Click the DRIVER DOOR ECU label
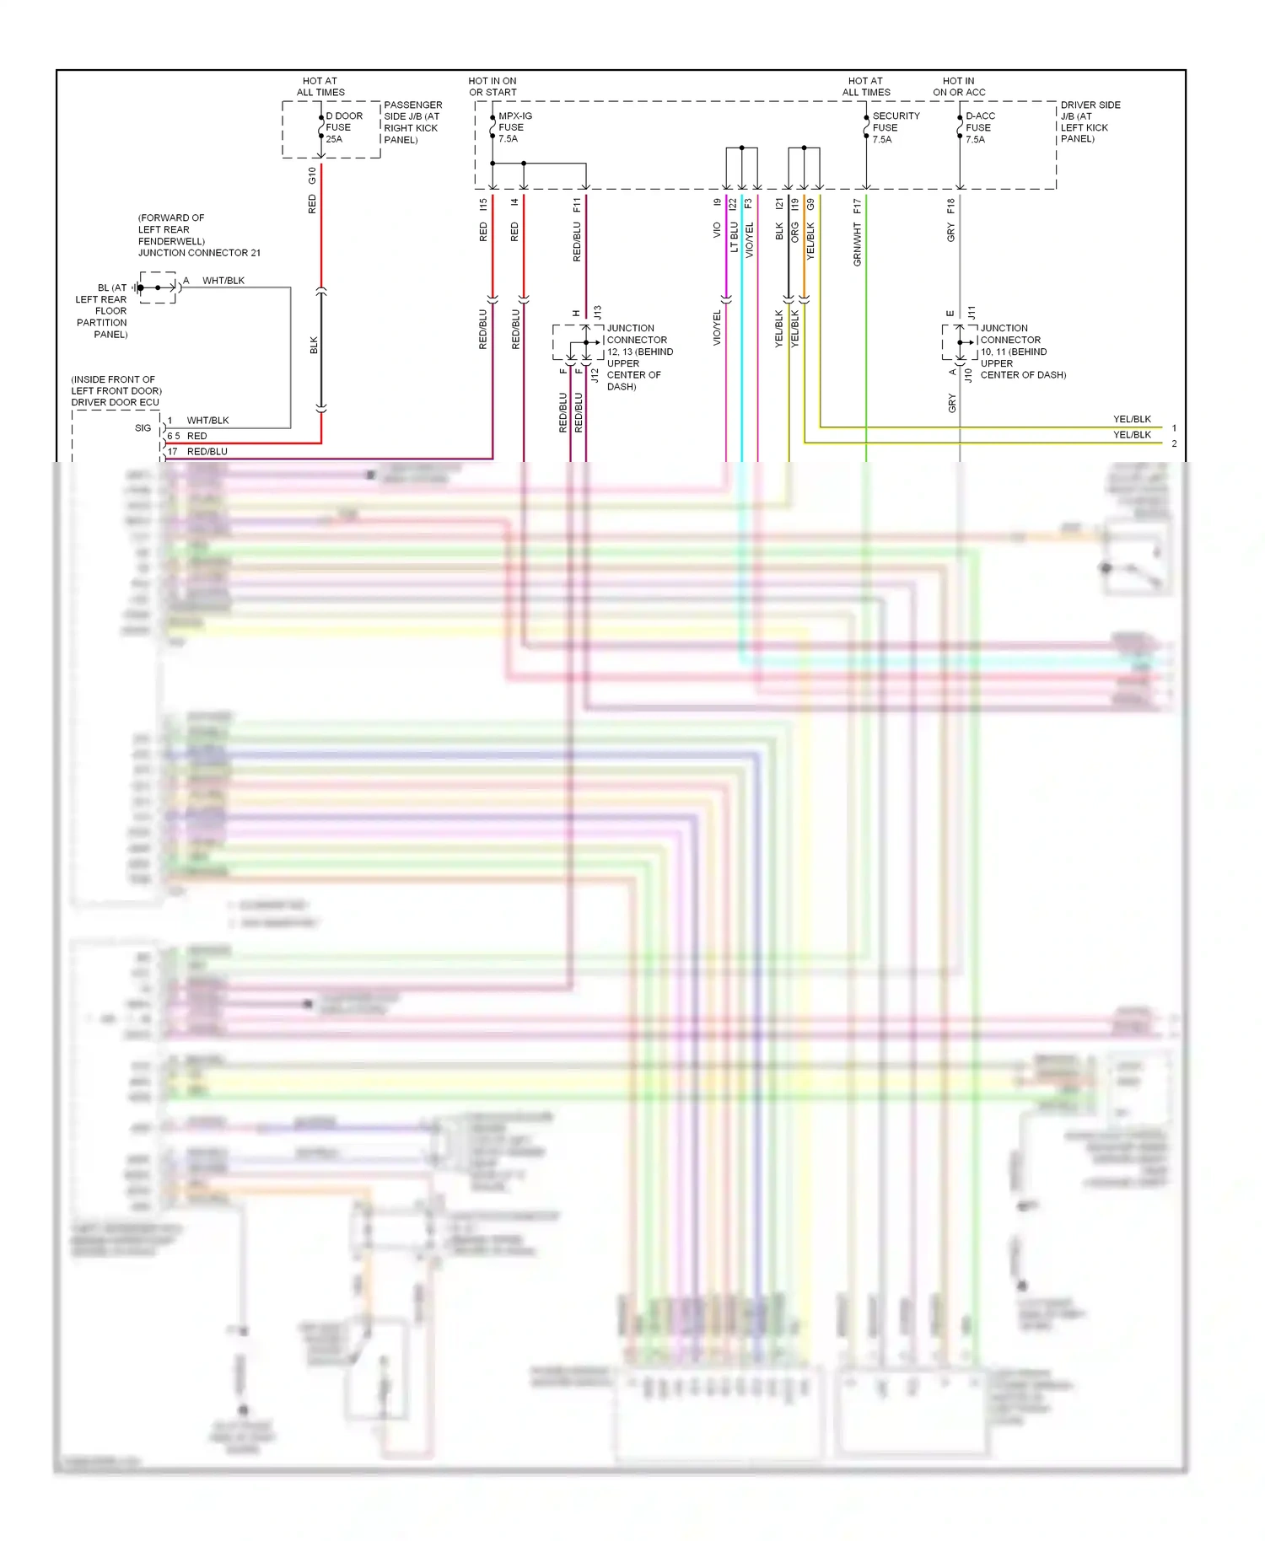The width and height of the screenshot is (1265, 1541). [x=115, y=402]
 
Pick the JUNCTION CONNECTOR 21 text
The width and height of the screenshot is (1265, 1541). [x=199, y=253]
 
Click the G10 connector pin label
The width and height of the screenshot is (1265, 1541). [x=312, y=175]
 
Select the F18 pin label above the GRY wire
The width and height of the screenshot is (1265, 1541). [x=951, y=205]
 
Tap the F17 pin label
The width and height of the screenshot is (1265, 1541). [x=858, y=205]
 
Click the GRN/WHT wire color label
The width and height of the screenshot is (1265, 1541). [x=858, y=244]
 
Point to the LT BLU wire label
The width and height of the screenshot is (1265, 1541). [x=734, y=237]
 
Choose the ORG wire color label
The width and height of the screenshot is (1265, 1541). [x=794, y=232]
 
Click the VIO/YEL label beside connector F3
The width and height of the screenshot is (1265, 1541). [x=749, y=240]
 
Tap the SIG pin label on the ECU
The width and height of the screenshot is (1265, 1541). [x=143, y=428]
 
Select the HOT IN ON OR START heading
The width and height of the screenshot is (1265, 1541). [x=493, y=87]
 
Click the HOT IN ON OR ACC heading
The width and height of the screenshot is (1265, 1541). [x=959, y=87]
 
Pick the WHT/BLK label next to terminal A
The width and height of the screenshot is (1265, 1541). [x=223, y=281]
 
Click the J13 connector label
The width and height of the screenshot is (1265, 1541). [x=597, y=312]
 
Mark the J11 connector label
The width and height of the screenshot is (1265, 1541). [x=972, y=312]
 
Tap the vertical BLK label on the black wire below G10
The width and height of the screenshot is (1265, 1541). [x=314, y=346]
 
